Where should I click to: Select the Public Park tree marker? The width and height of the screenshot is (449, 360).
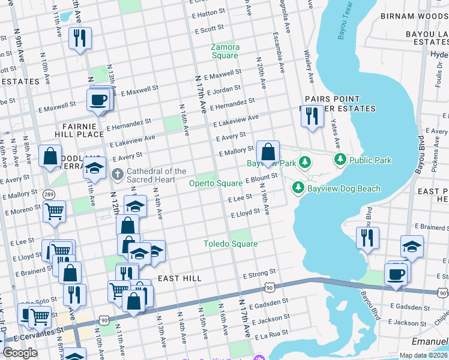(340, 160)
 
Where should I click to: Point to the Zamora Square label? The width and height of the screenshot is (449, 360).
(225, 51)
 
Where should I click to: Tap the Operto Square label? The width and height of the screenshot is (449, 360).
(216, 183)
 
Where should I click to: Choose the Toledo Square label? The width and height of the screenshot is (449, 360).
(230, 244)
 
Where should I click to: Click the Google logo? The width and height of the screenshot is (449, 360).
(20, 353)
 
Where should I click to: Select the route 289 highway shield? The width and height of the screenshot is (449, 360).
(49, 194)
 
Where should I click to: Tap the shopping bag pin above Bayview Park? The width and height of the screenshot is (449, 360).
(268, 151)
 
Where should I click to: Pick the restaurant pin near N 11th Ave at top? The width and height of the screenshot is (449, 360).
(79, 38)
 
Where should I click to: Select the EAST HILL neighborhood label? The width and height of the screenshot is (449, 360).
(179, 279)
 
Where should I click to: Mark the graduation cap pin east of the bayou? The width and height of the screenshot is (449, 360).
(412, 247)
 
